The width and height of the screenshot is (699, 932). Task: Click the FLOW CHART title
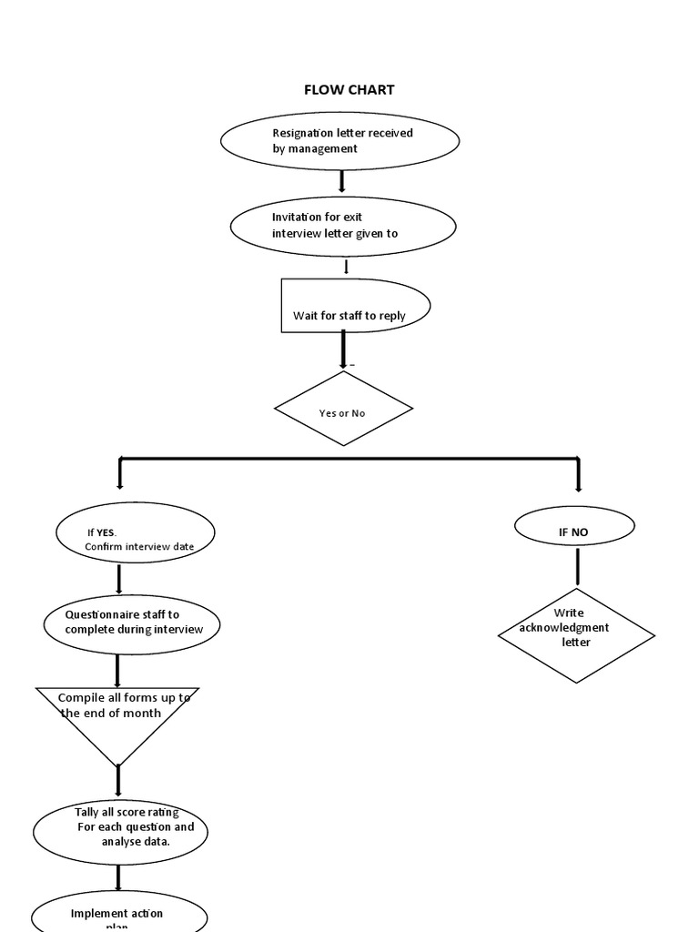[x=349, y=90]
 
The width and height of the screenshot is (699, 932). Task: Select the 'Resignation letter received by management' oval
[x=340, y=141]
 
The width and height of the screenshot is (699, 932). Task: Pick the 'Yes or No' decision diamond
[x=343, y=409]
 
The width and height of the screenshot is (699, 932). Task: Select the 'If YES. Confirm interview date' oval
[x=136, y=533]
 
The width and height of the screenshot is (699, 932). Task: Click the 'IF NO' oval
[x=574, y=526]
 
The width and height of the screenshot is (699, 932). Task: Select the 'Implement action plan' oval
[x=119, y=914]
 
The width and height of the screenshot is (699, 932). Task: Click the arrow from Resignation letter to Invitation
[x=342, y=181]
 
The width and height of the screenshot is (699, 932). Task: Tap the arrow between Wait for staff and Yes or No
[x=343, y=349]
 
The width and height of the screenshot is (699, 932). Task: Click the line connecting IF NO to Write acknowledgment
[x=577, y=566]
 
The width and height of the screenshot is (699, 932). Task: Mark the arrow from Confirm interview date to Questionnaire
[x=118, y=578]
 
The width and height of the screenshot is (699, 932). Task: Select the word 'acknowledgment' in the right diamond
[x=564, y=628]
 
